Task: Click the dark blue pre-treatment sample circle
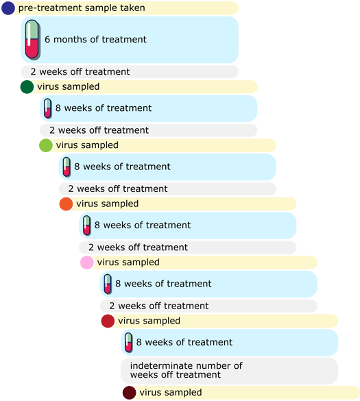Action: [x=8, y=8]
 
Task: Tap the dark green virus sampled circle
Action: [x=27, y=86]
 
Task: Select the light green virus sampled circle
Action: [x=46, y=145]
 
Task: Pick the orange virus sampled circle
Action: [x=66, y=204]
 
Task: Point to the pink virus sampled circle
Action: [x=87, y=263]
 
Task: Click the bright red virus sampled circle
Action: [x=108, y=321]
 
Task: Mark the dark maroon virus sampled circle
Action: [x=129, y=393]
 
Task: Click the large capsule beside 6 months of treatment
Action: [x=32, y=40]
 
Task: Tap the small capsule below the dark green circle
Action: [x=48, y=108]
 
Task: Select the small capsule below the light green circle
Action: [x=67, y=167]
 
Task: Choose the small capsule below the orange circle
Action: [x=87, y=226]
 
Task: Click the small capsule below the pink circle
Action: [x=108, y=284]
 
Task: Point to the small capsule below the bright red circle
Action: [x=129, y=343]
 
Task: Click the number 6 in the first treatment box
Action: [x=47, y=39]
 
